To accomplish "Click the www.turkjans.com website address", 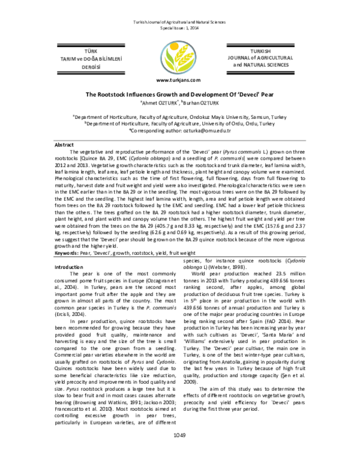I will click(x=179, y=80).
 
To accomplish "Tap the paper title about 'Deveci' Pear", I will click(x=179, y=94).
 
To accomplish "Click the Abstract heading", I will click(x=64, y=145).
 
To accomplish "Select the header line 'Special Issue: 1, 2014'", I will click(x=179, y=28).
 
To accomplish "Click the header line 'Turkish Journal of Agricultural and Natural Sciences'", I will click(x=179, y=22).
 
